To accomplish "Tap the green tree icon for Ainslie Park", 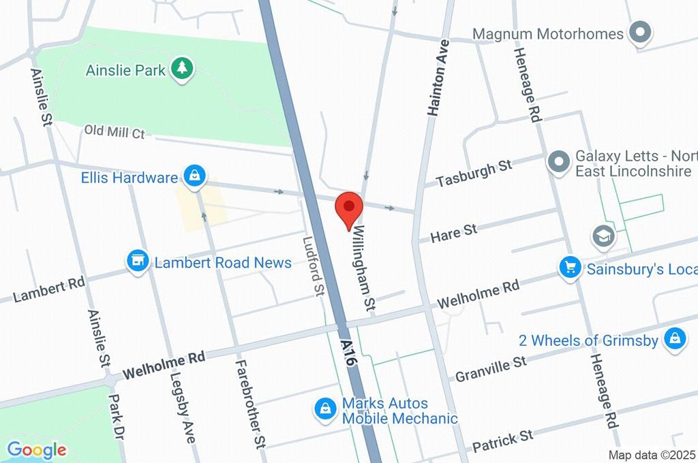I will pyautogui.click(x=182, y=69).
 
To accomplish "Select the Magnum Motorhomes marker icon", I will pyautogui.click(x=640, y=33).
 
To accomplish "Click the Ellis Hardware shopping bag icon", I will pyautogui.click(x=195, y=176).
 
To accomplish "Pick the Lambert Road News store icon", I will pyautogui.click(x=138, y=261).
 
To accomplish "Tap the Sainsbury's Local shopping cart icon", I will pyautogui.click(x=569, y=268).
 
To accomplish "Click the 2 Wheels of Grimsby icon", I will pyautogui.click(x=674, y=340).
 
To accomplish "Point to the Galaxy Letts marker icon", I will pyautogui.click(x=558, y=163).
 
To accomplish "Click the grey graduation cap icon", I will pyautogui.click(x=604, y=236).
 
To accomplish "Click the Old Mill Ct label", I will pyautogui.click(x=115, y=131).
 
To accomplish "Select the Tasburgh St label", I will pyautogui.click(x=474, y=174).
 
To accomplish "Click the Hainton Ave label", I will pyautogui.click(x=437, y=75).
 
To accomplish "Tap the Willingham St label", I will pyautogui.click(x=363, y=267).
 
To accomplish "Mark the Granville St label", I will pyautogui.click(x=491, y=368).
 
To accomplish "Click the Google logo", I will pyautogui.click(x=36, y=450).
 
